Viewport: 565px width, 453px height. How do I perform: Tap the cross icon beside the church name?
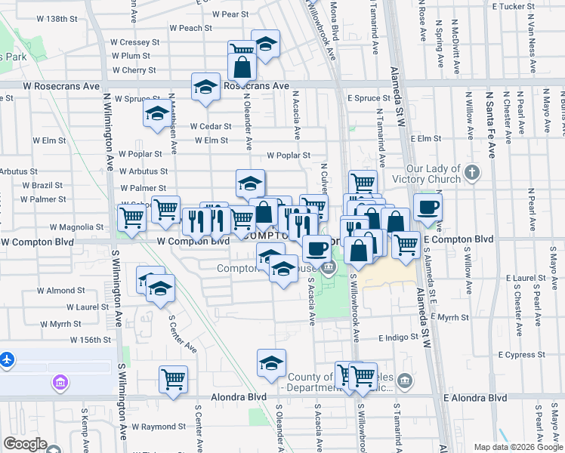pyautogui.click(x=472, y=173)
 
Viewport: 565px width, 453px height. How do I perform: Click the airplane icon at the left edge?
pyautogui.click(x=7, y=359)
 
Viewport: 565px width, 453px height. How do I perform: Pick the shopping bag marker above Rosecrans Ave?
pyautogui.click(x=242, y=67)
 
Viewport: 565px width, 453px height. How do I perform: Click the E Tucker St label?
pyautogui.click(x=514, y=6)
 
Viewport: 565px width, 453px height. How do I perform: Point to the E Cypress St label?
pyautogui.click(x=521, y=355)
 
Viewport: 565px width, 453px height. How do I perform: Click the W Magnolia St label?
pyautogui.click(x=76, y=226)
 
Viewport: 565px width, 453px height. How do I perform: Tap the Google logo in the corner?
pyautogui.click(x=25, y=444)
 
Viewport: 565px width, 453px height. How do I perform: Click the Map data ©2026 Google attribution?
pyautogui.click(x=517, y=447)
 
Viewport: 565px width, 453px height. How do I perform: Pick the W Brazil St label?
pyautogui.click(x=42, y=185)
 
